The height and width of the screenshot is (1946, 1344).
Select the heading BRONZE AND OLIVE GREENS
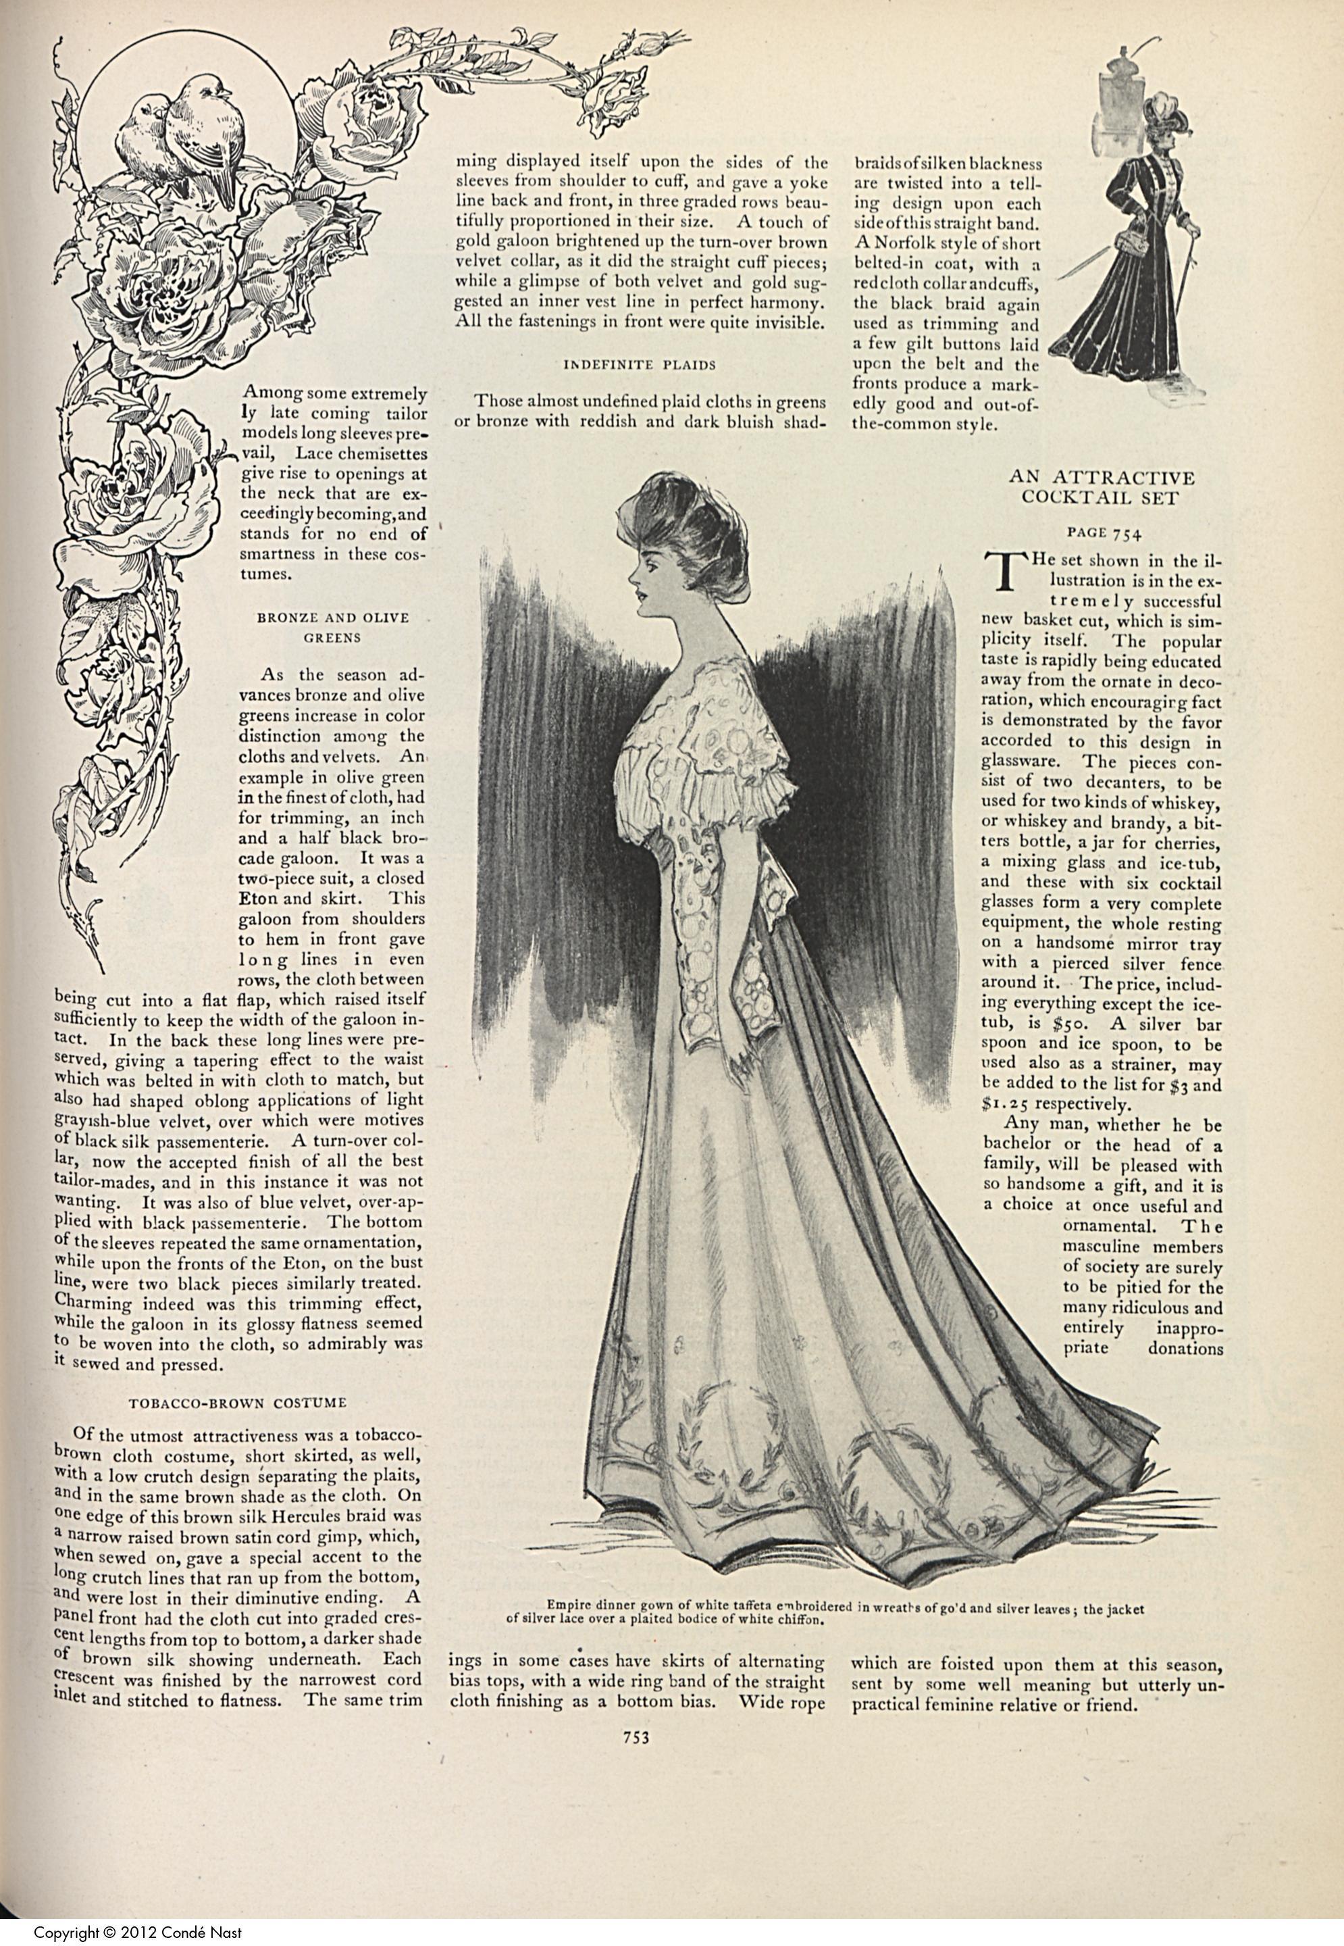click(333, 628)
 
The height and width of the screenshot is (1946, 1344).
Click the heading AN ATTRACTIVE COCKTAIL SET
click(1102, 488)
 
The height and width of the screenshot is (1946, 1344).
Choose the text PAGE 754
click(1102, 532)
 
